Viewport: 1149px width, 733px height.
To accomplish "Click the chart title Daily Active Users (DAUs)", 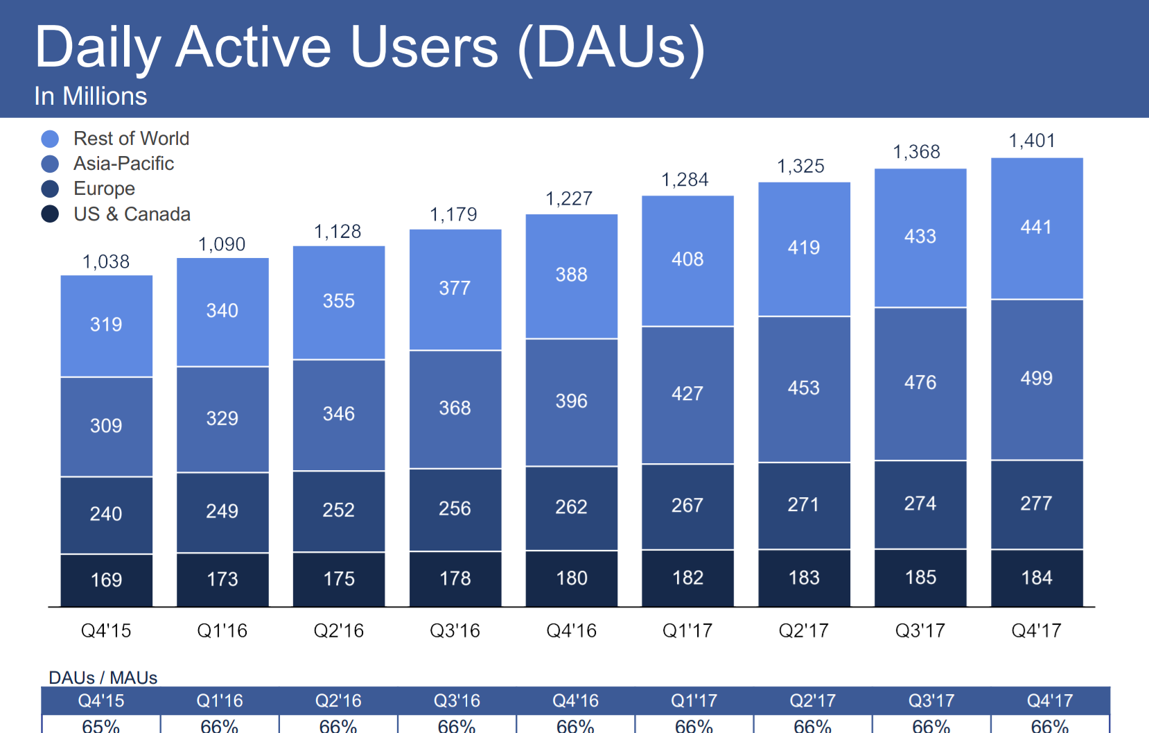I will (x=369, y=47).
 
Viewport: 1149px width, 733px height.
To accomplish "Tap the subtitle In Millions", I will (x=91, y=96).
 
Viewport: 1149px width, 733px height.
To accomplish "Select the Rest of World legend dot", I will (x=50, y=139).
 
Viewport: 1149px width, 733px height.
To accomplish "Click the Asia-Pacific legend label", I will (x=123, y=164).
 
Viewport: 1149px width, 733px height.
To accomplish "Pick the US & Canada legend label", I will (x=132, y=214).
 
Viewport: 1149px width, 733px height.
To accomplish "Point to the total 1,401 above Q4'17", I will (x=1031, y=141).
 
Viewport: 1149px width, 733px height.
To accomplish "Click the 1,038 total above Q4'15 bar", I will (x=106, y=261).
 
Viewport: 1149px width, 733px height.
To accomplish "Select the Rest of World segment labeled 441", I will (x=1036, y=227).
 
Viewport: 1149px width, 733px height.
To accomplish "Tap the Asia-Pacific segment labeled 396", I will (x=571, y=401).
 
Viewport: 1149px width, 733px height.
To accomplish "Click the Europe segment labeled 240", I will (x=106, y=514).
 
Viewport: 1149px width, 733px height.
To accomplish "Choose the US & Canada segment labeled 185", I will (x=920, y=577).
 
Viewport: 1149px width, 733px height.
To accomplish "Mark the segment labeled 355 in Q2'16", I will (x=338, y=301).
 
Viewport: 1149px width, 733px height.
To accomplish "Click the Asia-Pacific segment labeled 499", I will (x=1036, y=379).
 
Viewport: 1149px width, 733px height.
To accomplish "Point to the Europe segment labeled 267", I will (x=687, y=506).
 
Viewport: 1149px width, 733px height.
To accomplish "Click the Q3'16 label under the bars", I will (x=455, y=630).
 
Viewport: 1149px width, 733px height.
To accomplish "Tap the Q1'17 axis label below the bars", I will (x=687, y=630).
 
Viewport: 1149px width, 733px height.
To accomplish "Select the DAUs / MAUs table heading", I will (x=103, y=678).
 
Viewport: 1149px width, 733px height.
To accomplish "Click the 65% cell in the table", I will (x=101, y=726).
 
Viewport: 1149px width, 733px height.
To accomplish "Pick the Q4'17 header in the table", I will (x=1049, y=700).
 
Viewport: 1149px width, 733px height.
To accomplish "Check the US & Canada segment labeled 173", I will (x=222, y=579).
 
